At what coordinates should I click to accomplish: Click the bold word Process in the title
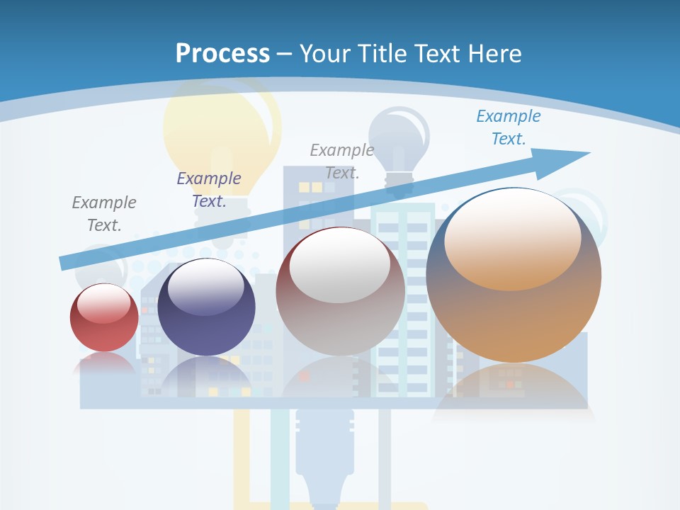[x=222, y=53]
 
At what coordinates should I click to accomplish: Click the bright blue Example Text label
[x=508, y=127]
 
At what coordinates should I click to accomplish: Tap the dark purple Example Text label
[x=209, y=189]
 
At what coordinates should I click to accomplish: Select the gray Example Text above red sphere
[x=104, y=213]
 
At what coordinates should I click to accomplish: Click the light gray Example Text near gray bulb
[x=342, y=161]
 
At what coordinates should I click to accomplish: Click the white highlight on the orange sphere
[x=512, y=237]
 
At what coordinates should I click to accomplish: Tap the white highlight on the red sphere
[x=104, y=303]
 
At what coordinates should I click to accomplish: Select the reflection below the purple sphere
[x=206, y=375]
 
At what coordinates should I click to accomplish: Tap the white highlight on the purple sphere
[x=206, y=287]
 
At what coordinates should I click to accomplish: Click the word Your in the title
[x=327, y=53]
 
